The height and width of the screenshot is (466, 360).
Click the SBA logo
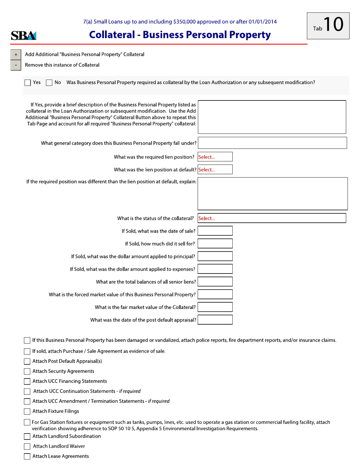(x=23, y=36)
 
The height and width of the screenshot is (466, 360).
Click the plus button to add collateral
(x=16, y=55)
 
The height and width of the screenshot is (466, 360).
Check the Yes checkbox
(x=28, y=82)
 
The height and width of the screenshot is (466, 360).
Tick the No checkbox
(x=49, y=82)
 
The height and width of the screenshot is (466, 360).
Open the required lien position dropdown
(x=215, y=157)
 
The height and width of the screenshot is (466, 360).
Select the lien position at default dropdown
(x=215, y=170)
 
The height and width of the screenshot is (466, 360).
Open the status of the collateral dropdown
(x=272, y=218)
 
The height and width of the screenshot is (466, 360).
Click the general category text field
(x=272, y=143)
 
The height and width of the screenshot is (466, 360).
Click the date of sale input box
(x=215, y=231)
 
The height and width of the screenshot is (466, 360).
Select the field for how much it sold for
(x=215, y=244)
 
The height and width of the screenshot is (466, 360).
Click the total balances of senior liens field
(x=215, y=281)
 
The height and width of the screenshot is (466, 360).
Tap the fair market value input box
(x=215, y=307)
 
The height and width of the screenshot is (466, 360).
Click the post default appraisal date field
(x=215, y=320)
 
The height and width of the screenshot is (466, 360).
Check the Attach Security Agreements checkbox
(x=27, y=371)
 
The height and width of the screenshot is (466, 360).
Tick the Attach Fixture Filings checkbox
(x=27, y=411)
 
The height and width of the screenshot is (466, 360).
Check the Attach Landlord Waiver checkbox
(x=27, y=446)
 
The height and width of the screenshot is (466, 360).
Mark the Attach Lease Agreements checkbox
(x=27, y=457)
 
